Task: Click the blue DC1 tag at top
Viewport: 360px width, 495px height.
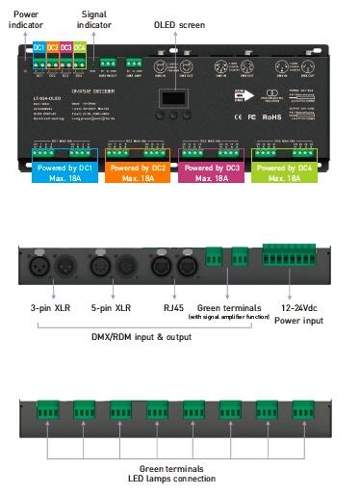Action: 39,47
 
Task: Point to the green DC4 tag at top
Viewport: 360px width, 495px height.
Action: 80,47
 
